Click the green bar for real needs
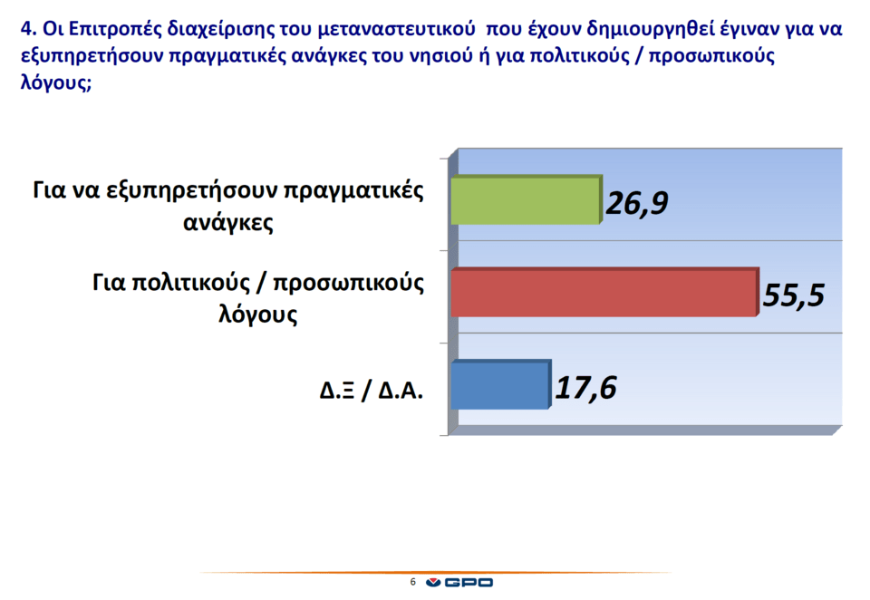526,200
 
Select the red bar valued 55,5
604,293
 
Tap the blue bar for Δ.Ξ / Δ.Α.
500,384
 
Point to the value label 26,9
637,203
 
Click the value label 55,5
794,295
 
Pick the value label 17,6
585,387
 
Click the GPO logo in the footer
459,582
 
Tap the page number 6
412,582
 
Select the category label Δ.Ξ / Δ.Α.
372,391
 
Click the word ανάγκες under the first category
228,223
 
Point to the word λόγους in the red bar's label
258,315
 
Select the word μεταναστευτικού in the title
396,28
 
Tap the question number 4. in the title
28,28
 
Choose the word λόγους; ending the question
56,82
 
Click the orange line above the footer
436,572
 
